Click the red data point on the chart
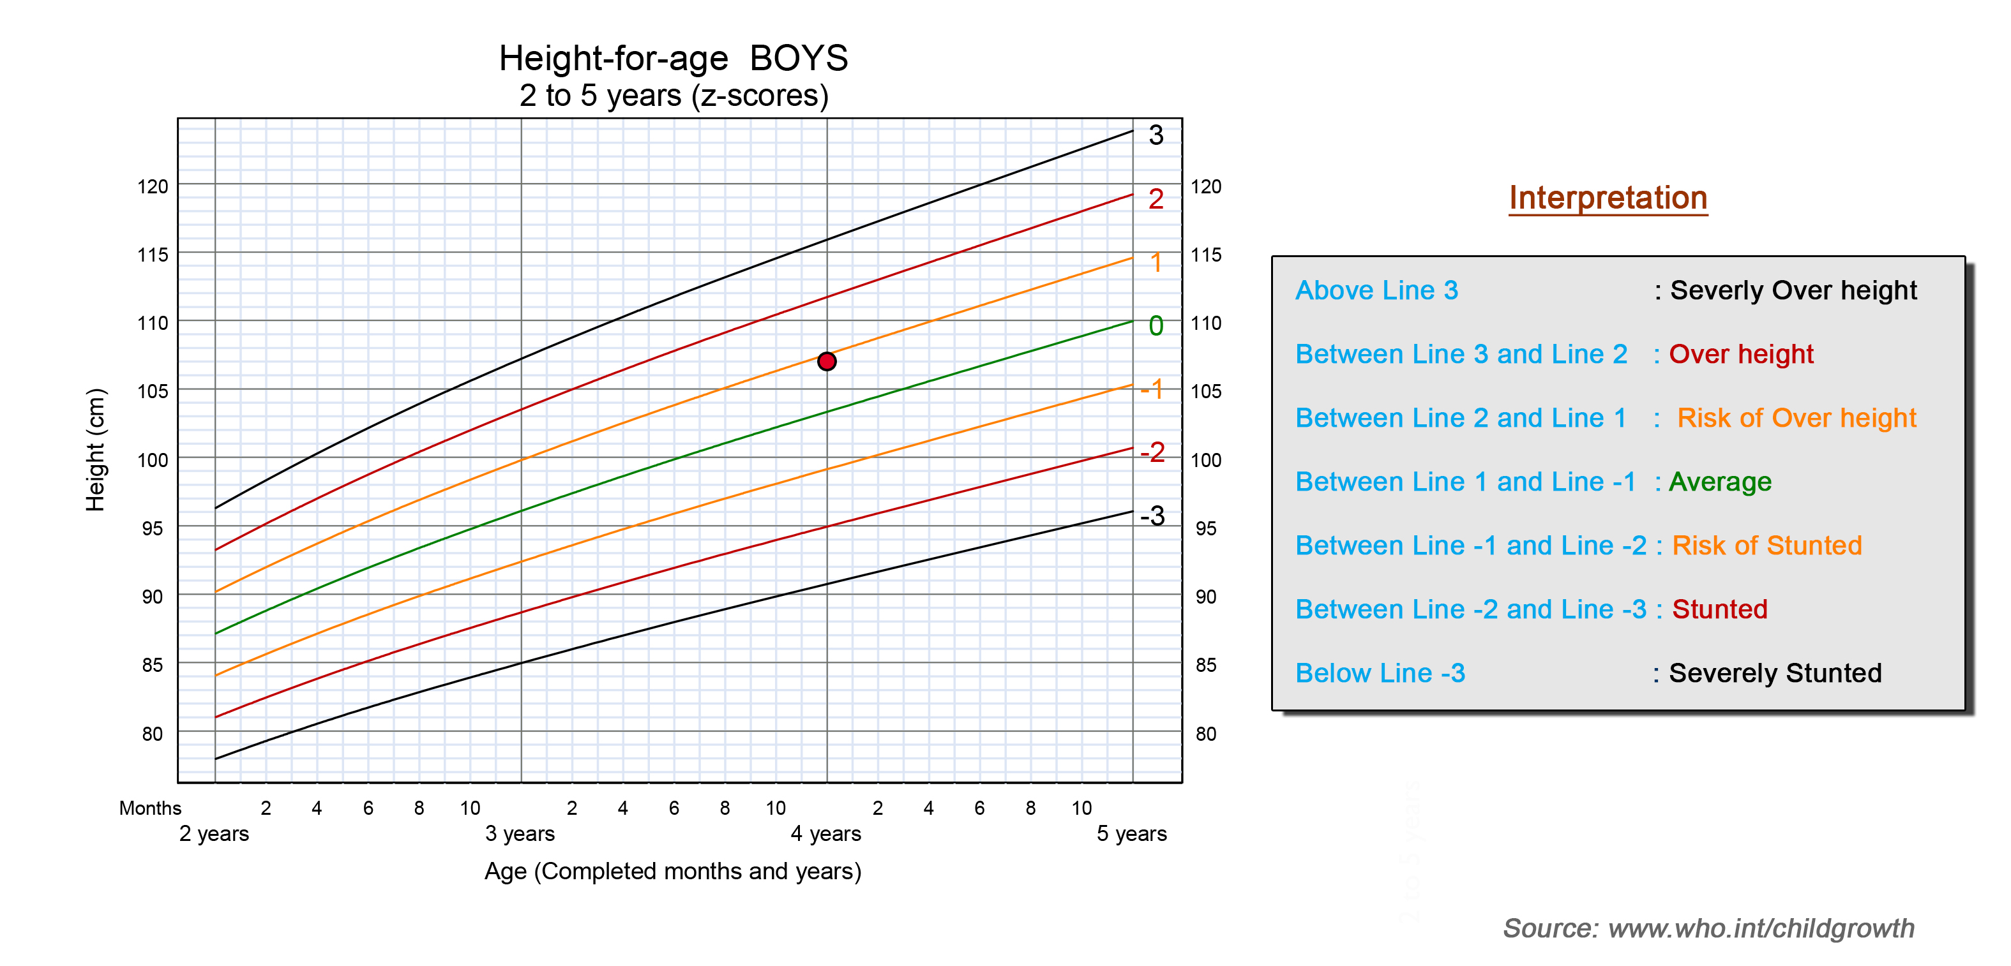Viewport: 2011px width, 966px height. pos(827,361)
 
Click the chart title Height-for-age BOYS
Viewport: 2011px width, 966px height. pos(674,59)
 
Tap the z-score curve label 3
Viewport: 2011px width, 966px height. pos(1156,135)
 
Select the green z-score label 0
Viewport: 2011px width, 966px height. pos(1156,325)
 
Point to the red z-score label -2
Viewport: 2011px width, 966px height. pos(1152,452)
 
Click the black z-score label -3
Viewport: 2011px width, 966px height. pos(1152,516)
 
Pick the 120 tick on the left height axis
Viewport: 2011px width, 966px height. pos(153,186)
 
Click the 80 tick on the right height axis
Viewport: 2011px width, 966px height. pos(1206,734)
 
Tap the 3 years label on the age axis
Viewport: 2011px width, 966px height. pos(520,833)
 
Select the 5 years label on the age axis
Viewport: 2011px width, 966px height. pos(1132,833)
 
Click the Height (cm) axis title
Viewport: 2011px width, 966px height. pos(95,450)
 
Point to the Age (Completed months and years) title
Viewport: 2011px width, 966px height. pos(673,871)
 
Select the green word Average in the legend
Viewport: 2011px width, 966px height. pos(1721,482)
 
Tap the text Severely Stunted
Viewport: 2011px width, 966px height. pos(1775,672)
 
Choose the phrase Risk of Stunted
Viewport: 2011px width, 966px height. pos(1767,546)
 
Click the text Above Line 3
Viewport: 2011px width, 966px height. pos(1377,290)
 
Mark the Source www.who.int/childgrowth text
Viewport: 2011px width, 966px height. pos(1709,928)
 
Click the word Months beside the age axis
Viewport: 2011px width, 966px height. pos(150,808)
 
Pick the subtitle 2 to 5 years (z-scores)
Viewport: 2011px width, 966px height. pos(674,96)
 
